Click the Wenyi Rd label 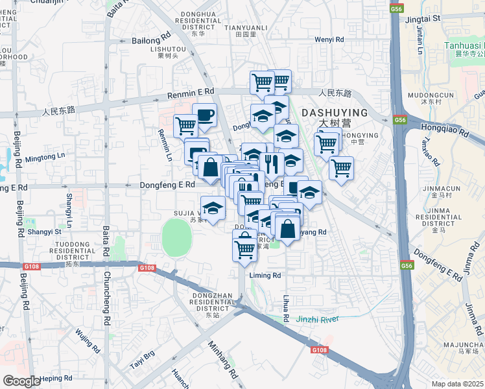[329, 40]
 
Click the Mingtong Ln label [45, 156]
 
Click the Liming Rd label [265, 276]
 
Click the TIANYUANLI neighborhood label [245, 28]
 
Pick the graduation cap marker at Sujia [212, 209]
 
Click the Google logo [22, 381]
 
